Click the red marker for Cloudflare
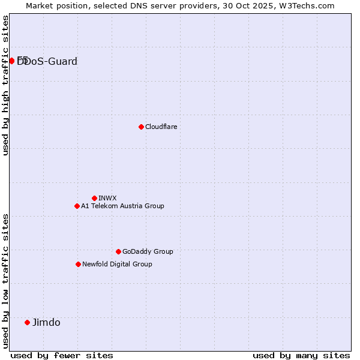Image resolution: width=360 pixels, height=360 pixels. pyautogui.click(x=141, y=127)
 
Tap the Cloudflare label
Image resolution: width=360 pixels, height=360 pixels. pyautogui.click(x=161, y=127)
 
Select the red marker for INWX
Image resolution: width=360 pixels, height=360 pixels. pyautogui.click(x=94, y=198)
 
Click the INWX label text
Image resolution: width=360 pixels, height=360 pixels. pyautogui.click(x=107, y=198)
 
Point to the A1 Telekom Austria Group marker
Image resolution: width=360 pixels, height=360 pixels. pyautogui.click(x=77, y=206)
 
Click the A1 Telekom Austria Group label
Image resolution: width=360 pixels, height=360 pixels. pyautogui.click(x=122, y=206)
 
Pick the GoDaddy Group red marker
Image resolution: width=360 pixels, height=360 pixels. pyautogui.click(x=118, y=251)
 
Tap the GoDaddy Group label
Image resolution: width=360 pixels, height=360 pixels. pyautogui.click(x=148, y=251)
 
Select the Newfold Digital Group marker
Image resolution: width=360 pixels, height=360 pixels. pyautogui.click(x=78, y=264)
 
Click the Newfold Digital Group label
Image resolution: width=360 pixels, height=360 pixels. pyautogui.click(x=117, y=264)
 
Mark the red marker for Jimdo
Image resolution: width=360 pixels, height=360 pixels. pyautogui.click(x=27, y=322)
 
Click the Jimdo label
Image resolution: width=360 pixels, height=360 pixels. pyautogui.click(x=46, y=322)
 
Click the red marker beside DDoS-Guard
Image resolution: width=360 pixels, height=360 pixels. pyautogui.click(x=12, y=61)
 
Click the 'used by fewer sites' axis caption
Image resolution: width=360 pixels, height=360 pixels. pyautogui.click(x=62, y=355)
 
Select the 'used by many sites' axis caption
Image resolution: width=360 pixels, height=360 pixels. pyautogui.click(x=301, y=355)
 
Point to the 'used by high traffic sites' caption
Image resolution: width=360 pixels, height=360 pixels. pyautogui.click(x=5, y=85)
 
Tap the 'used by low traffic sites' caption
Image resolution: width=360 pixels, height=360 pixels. pyautogui.click(x=5, y=280)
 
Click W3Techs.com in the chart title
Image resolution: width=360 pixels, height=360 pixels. pyautogui.click(x=311, y=5)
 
